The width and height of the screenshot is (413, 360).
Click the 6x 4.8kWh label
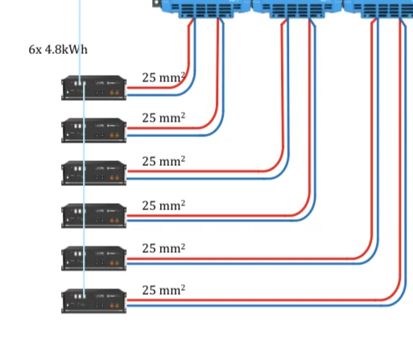[58, 50]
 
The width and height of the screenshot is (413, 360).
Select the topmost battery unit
[93, 88]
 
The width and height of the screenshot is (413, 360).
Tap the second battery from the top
[93, 130]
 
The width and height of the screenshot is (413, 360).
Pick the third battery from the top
[93, 173]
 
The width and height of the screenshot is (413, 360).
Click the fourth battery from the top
[93, 216]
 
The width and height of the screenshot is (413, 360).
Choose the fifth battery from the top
[93, 259]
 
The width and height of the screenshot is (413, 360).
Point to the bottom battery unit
[93, 301]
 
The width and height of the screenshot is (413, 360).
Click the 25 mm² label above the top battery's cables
[163, 77]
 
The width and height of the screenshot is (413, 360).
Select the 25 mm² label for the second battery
[163, 118]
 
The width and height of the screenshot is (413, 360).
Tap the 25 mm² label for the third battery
[163, 161]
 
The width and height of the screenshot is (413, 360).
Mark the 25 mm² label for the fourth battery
[163, 205]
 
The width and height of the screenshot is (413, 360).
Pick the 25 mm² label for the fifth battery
[163, 248]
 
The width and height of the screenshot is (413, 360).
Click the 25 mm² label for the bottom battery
[163, 290]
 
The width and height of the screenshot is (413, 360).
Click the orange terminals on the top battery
[114, 93]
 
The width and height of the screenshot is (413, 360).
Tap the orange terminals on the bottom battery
[114, 306]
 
